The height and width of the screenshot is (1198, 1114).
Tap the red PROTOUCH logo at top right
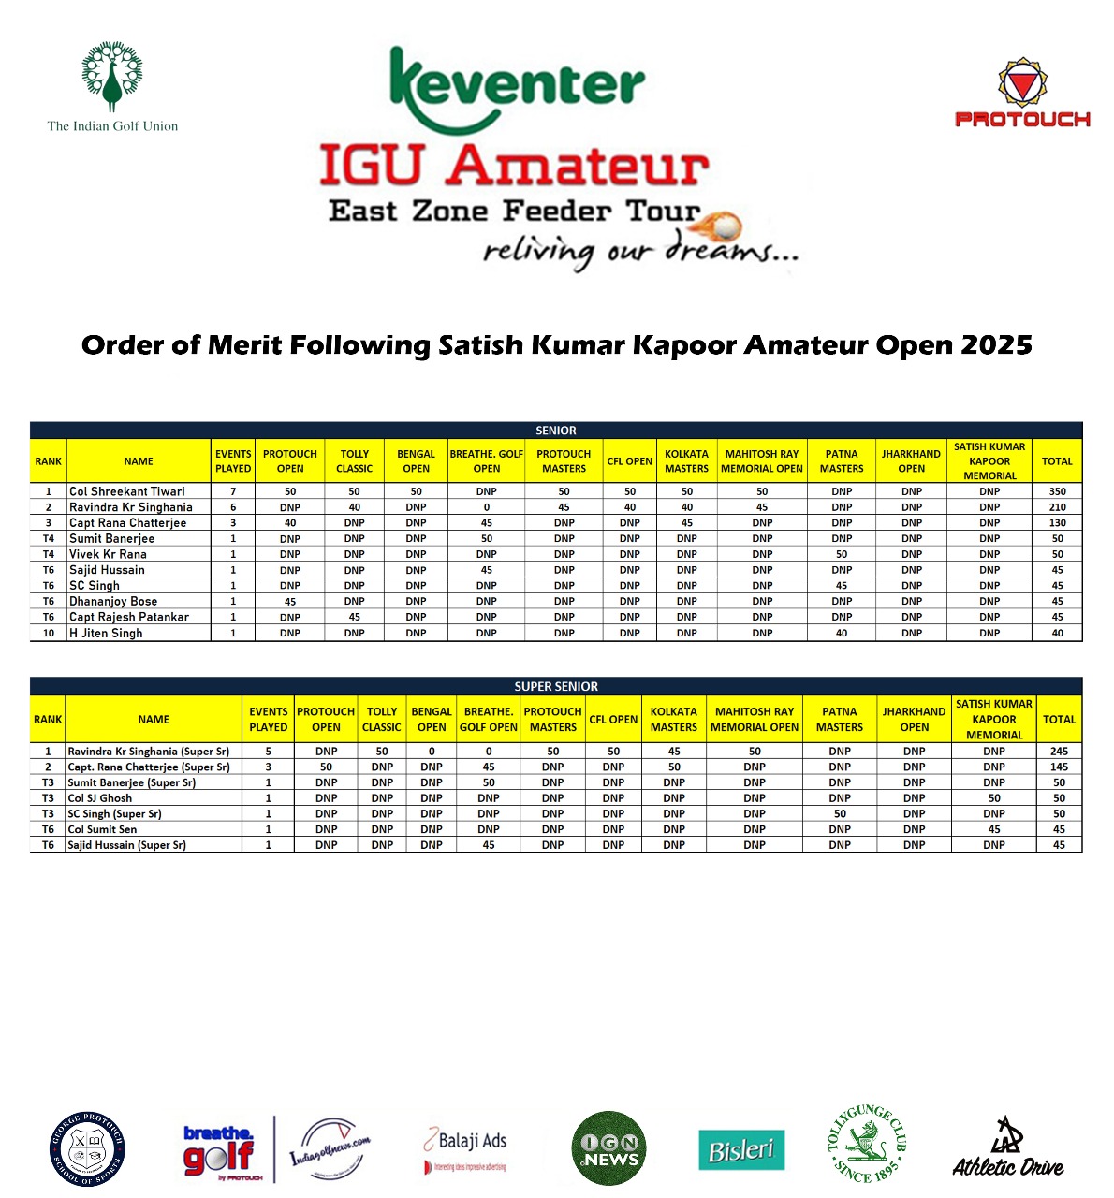point(1022,93)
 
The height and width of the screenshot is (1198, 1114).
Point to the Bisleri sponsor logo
point(741,1149)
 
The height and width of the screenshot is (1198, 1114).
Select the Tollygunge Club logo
point(867,1144)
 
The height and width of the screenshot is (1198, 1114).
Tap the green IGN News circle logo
point(608,1148)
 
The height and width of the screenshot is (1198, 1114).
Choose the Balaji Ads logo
point(466,1149)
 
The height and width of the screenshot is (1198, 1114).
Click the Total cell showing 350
point(1057,491)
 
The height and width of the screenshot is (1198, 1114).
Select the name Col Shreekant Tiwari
point(127,491)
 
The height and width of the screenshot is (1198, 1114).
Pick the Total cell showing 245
point(1059,751)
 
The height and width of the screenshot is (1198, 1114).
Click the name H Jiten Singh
point(106,633)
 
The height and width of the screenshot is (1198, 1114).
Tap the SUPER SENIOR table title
point(556,686)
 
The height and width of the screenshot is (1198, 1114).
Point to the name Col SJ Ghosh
point(100,798)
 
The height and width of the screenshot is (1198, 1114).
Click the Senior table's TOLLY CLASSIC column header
point(354,461)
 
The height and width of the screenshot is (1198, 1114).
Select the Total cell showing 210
point(1057,507)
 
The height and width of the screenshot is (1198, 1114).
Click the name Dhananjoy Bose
point(113,601)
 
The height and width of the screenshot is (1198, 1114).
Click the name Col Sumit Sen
point(103,829)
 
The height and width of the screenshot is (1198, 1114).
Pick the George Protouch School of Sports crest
point(88,1149)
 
